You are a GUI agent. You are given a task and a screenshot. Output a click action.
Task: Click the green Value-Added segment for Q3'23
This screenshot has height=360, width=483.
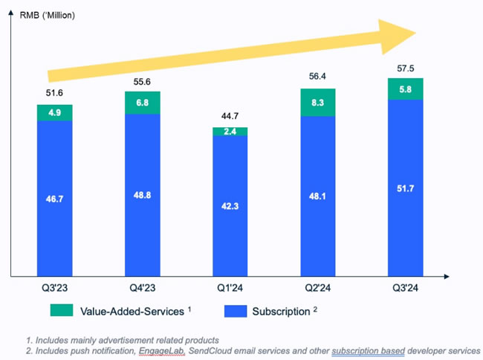pyautogui.click(x=54, y=112)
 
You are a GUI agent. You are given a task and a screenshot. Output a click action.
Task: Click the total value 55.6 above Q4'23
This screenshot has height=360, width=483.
pyautogui.click(x=142, y=83)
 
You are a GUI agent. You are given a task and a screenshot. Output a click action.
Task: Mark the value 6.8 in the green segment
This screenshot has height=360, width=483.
pyautogui.click(x=142, y=103)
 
